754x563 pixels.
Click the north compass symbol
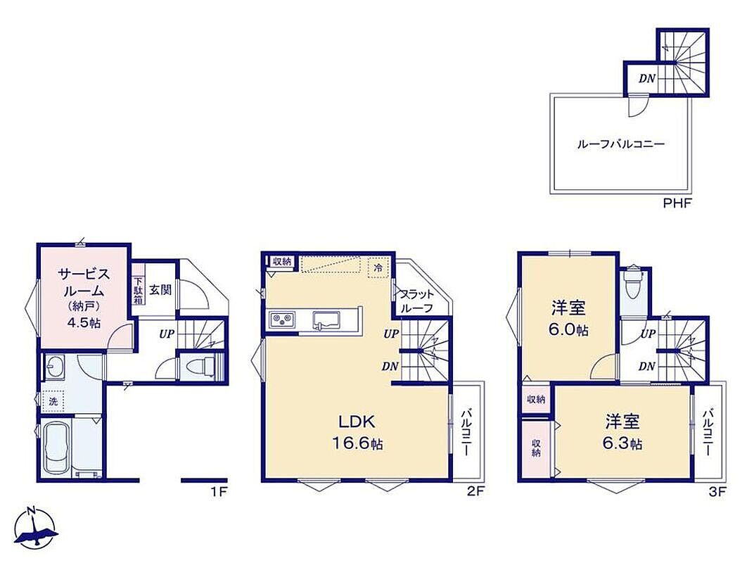pyautogui.click(x=36, y=527)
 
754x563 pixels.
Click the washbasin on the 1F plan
pyautogui.click(x=56, y=368)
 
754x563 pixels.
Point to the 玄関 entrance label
pyautogui.click(x=160, y=290)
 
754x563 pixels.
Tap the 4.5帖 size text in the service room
pyautogui.click(x=84, y=323)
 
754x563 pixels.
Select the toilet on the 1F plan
pyautogui.click(x=202, y=367)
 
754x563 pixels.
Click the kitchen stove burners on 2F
pyautogui.click(x=283, y=319)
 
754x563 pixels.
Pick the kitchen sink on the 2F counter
pyautogui.click(x=326, y=320)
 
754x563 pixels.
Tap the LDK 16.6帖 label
pyautogui.click(x=357, y=432)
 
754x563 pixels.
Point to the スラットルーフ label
pyautogui.click(x=416, y=301)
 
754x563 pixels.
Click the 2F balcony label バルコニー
pyautogui.click(x=466, y=432)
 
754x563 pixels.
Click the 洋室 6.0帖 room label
pyautogui.click(x=569, y=318)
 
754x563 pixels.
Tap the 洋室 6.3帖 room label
pyautogui.click(x=622, y=431)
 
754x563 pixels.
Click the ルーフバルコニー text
pyautogui.click(x=621, y=144)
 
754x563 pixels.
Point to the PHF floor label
pyautogui.click(x=677, y=203)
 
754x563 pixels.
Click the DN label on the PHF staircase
pyautogui.click(x=647, y=78)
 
